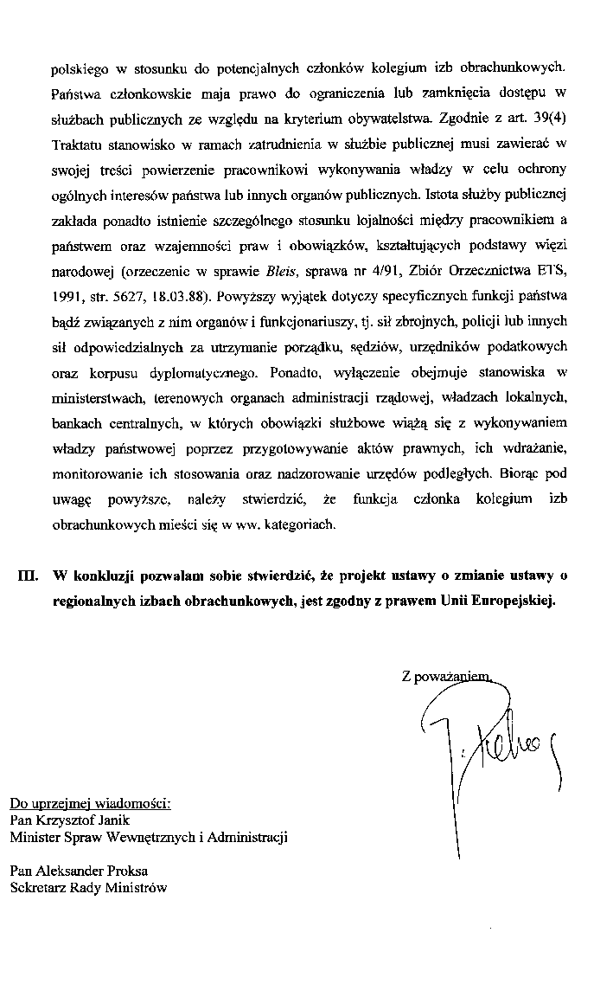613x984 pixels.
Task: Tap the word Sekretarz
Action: [x=39, y=887]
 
